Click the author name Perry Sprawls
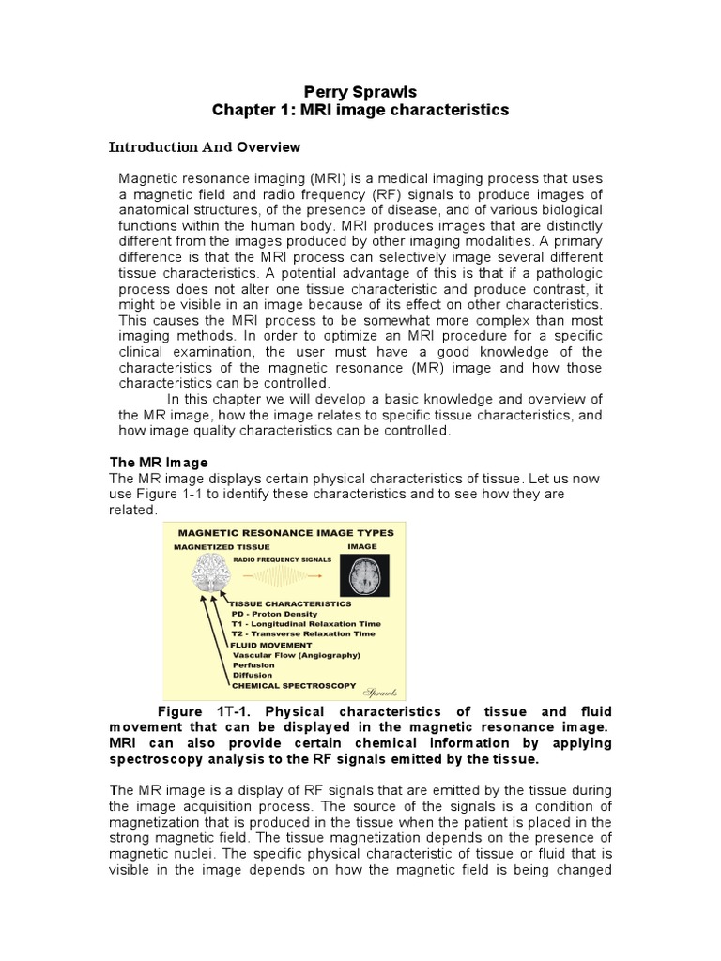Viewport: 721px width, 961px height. (360, 91)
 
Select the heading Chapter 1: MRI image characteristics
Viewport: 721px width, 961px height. (360, 111)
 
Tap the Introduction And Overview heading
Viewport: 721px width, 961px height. (205, 147)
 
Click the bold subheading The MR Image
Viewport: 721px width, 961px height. (159, 463)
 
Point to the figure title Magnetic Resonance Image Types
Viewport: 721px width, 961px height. (286, 532)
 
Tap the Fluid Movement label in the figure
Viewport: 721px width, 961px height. (270, 645)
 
